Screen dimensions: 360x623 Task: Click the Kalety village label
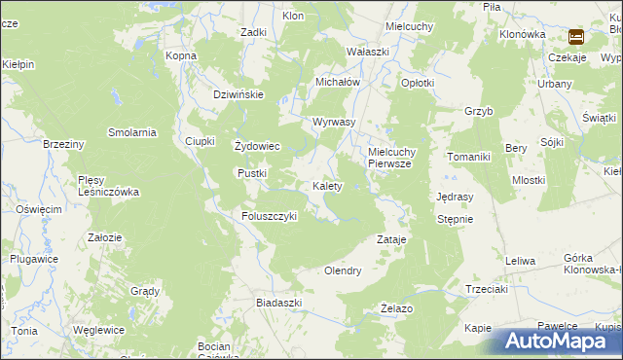point(326,186)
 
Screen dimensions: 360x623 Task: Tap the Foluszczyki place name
point(269,216)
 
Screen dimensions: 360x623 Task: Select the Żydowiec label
point(258,147)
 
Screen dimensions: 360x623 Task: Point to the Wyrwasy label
point(334,123)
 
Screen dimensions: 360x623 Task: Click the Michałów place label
point(338,83)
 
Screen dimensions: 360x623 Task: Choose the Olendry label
point(343,270)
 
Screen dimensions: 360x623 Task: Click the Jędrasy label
point(456,196)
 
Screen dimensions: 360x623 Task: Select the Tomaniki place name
point(472,157)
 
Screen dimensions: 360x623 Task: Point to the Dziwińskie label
point(239,94)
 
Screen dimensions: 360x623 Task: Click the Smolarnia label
point(132,132)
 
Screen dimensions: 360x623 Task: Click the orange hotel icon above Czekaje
point(576,38)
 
